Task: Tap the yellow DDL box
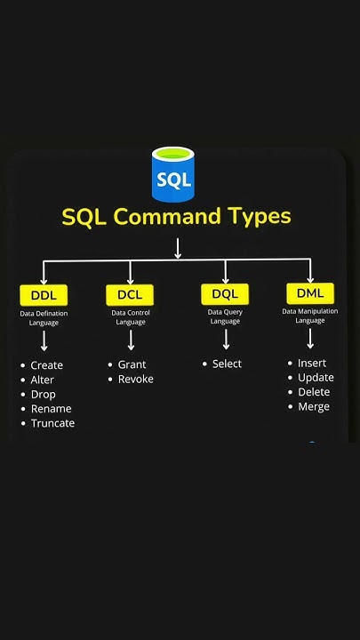[x=44, y=295]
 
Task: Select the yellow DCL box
[x=130, y=294]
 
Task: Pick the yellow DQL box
[x=225, y=294]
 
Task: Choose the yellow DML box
[x=310, y=292]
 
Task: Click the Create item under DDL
[x=46, y=365]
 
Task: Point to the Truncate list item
[x=52, y=423]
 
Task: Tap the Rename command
[x=51, y=409]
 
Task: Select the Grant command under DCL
[x=132, y=364]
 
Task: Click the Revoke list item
[x=135, y=379]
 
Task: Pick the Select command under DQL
[x=227, y=364]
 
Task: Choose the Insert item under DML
[x=312, y=363]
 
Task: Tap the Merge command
[x=313, y=406]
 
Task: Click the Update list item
[x=316, y=378]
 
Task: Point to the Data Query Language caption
[x=225, y=316]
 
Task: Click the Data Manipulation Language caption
[x=310, y=316]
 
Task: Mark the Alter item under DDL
[x=42, y=380]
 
